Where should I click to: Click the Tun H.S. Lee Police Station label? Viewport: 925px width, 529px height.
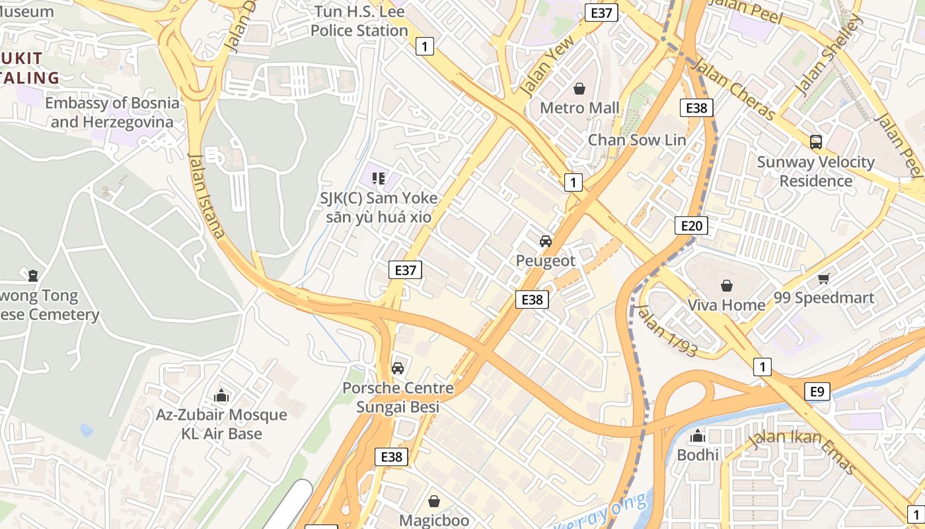(359, 21)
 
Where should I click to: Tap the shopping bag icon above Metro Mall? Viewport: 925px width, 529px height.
(579, 89)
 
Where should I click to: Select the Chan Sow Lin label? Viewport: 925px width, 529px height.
(637, 140)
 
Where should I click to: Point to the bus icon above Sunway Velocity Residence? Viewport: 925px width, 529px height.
(816, 142)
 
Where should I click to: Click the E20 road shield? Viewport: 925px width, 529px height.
(691, 226)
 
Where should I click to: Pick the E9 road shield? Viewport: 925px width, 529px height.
(817, 392)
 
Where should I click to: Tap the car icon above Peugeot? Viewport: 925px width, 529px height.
(546, 241)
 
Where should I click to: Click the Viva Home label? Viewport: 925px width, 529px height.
(726, 305)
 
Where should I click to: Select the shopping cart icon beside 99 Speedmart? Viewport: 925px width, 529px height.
(823, 279)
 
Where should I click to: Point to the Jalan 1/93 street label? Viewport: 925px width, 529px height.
(667, 330)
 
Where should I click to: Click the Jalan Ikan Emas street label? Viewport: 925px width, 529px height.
(802, 452)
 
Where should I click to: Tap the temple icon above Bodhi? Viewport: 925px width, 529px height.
(697, 436)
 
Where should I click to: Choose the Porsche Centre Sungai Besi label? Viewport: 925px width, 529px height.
(398, 397)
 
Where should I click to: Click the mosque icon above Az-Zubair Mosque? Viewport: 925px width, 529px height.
(221, 396)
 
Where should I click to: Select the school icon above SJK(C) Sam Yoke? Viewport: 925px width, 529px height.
(379, 178)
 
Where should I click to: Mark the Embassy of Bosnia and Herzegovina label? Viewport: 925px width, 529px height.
(112, 112)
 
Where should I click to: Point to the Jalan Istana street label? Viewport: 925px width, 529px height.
(207, 194)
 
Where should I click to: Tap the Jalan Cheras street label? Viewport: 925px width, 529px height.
(733, 89)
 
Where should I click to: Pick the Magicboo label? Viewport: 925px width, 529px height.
(434, 520)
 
